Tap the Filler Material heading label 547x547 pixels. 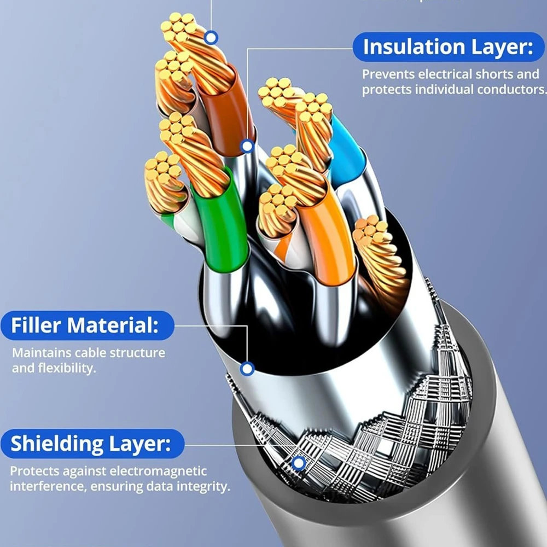[85, 326]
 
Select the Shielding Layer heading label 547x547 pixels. [90, 443]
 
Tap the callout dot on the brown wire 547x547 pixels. [247, 146]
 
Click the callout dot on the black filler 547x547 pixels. [247, 369]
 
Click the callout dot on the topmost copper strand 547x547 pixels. [211, 38]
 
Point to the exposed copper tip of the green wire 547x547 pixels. [189, 153]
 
